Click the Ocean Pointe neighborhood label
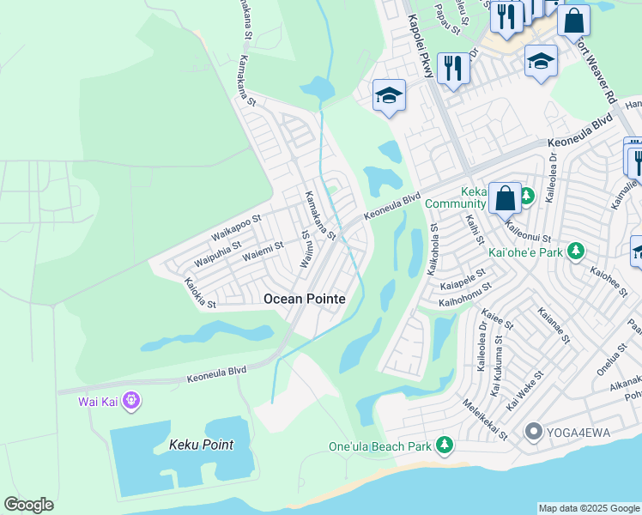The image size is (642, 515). (305, 299)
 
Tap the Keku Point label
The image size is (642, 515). (201, 445)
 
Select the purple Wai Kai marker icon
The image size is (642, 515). (130, 400)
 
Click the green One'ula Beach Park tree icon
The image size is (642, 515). (444, 445)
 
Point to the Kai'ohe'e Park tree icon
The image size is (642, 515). (578, 251)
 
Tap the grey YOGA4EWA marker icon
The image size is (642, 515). (533, 431)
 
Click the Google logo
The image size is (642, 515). (28, 505)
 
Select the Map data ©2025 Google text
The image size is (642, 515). (589, 508)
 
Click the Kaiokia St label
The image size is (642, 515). (199, 292)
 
